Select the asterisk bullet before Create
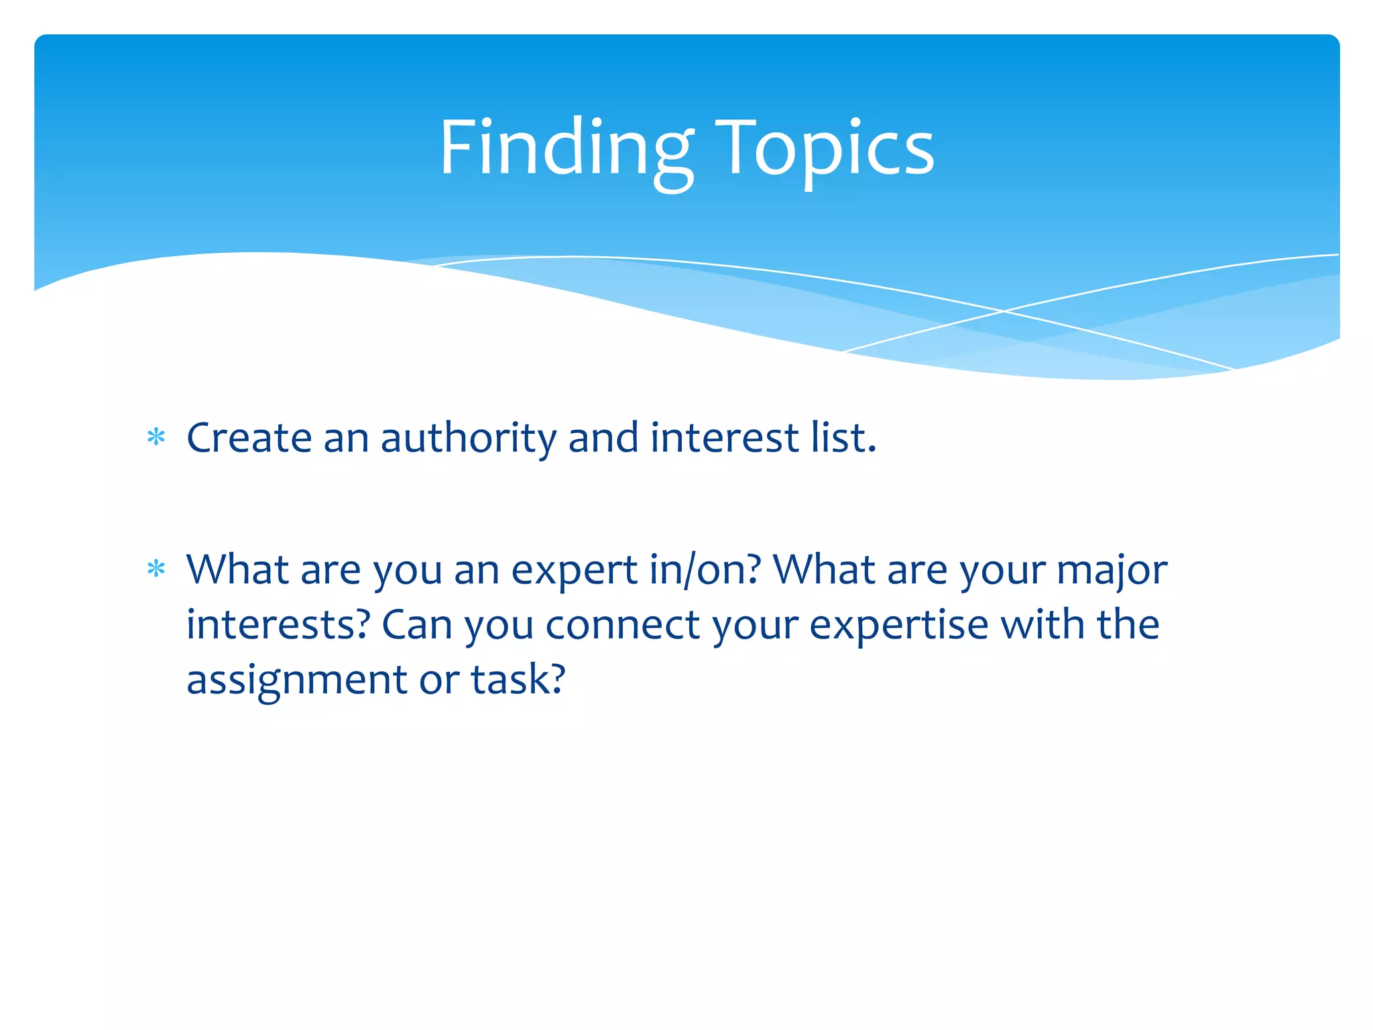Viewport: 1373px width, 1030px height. point(156,437)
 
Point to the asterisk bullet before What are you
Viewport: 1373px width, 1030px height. point(156,569)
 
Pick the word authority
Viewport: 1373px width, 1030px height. point(468,439)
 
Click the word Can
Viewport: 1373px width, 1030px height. point(417,625)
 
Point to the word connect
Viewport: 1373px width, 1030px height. point(623,625)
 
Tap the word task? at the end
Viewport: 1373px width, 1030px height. point(518,679)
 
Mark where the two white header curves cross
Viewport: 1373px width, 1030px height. point(1004,311)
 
